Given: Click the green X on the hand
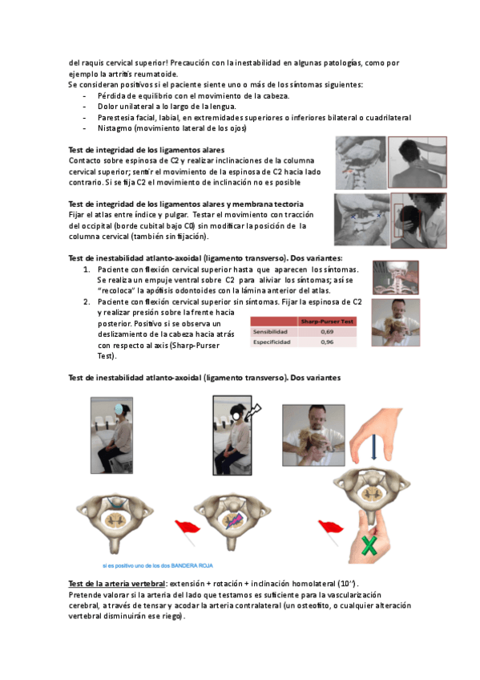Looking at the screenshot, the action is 369,545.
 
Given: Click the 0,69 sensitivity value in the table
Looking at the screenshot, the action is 327,332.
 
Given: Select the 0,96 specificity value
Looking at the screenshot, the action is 327,342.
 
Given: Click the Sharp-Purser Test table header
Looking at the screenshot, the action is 327,322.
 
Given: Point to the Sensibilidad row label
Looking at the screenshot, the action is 270,332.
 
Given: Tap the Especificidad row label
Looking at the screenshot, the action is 272,342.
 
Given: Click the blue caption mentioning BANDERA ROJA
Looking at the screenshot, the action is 158,565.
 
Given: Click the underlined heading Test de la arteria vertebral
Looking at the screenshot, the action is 116,584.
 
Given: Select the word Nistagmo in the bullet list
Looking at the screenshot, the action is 115,128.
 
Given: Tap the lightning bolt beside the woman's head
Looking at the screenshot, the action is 253,412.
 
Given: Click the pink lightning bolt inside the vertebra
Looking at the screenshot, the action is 233,520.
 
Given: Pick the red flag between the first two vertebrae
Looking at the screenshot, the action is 188,531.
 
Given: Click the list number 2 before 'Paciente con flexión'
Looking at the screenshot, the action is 87,302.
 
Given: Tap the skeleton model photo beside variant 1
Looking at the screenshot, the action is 396,277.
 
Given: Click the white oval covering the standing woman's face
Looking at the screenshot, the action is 236,416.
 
